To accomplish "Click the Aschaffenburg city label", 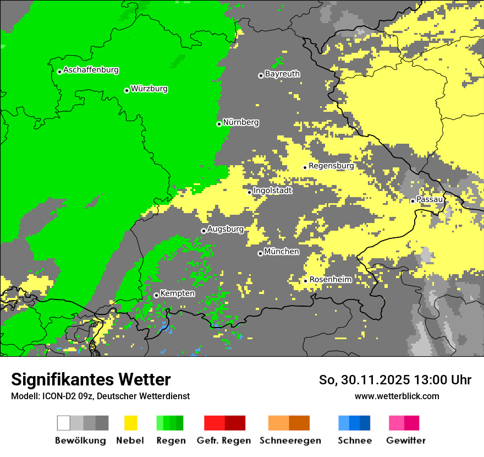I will pos(91,70).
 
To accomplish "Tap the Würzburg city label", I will pos(149,89).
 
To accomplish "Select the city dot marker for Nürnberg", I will pos(219,124).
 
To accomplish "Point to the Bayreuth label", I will pos(282,74).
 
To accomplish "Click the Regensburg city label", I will pos(331,166).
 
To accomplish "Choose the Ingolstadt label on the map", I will pos(272,191).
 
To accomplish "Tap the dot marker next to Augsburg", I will pos(204,231).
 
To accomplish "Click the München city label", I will pos(282,252).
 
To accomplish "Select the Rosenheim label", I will pos(330,280).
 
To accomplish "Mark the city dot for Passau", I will pos(413,201).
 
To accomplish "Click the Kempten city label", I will pos(177,293).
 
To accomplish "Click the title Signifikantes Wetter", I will pos(91,379).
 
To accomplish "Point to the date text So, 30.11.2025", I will pos(363,380).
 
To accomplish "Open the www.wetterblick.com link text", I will pos(397,396).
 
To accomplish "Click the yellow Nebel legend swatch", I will pos(130,423).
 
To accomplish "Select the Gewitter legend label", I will pos(405,440).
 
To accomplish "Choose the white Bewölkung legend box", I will pos(64,423).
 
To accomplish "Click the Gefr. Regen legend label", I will pos(224,440).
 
